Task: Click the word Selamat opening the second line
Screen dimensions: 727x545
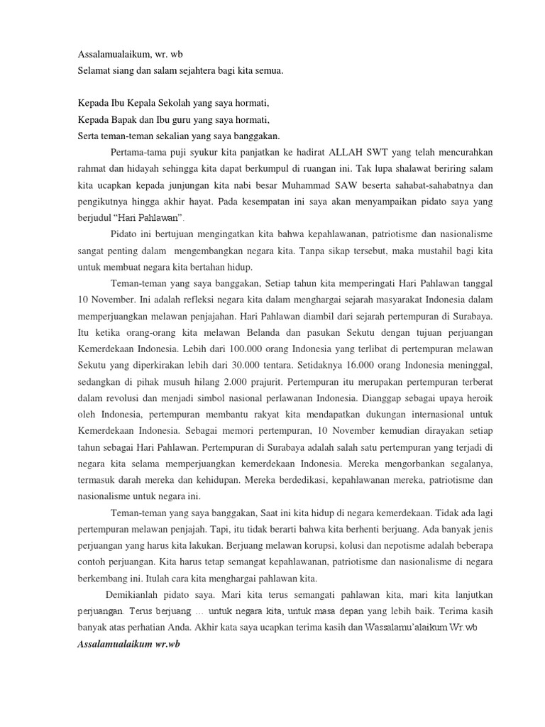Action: point(94,71)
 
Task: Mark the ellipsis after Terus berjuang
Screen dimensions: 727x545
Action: point(209,611)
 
